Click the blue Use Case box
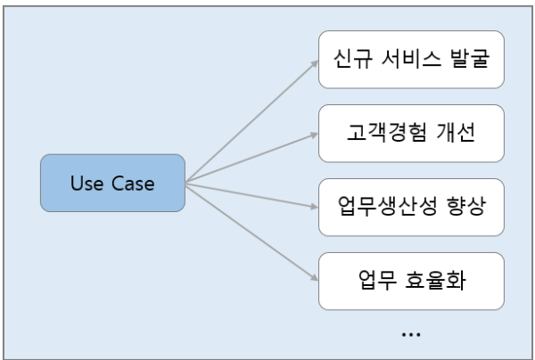coord(112,184)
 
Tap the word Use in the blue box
coord(87,184)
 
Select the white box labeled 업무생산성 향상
coord(411,208)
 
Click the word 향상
coord(465,208)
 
